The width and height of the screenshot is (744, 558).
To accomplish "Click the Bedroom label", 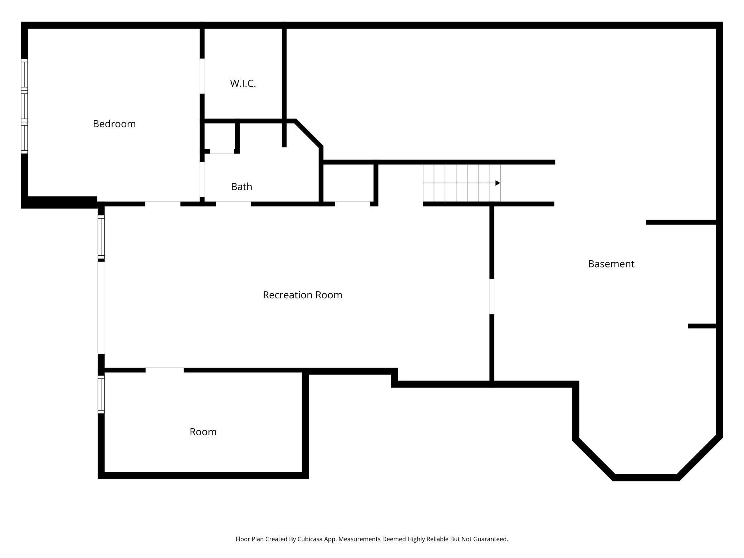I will [114, 124].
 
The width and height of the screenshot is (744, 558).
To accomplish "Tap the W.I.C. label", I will [243, 83].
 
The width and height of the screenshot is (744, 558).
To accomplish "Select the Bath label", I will [241, 187].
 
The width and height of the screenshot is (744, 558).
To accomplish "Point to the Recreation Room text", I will [302, 295].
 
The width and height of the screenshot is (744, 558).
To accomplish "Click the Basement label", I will [611, 264].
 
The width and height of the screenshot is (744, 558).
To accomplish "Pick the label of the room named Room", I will [203, 432].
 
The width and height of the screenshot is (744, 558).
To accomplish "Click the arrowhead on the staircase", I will [497, 183].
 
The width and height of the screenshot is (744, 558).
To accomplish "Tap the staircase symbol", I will [461, 183].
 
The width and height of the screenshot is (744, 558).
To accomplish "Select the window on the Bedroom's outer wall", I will [24, 106].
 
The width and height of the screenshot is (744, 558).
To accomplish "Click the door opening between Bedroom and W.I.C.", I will [202, 76].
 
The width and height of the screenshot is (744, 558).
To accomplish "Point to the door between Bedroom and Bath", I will [202, 179].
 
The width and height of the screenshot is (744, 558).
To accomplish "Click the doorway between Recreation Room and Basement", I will [492, 297].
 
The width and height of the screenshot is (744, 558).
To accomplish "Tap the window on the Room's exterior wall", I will [101, 394].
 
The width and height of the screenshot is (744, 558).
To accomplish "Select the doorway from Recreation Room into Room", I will [165, 370].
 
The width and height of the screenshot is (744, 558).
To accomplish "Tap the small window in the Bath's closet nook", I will [222, 151].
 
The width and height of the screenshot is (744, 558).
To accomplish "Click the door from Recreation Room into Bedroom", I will [163, 204].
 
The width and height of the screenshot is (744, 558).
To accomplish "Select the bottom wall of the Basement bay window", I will [646, 477].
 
